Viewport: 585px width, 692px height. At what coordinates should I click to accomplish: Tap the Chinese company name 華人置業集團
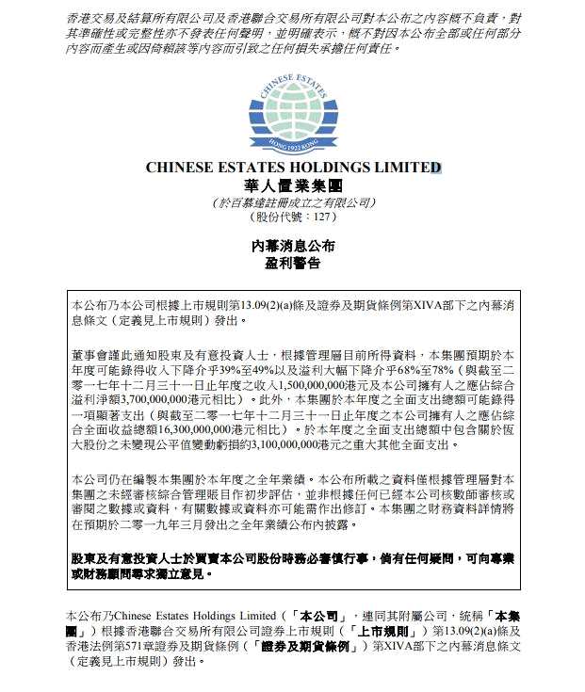click(292, 185)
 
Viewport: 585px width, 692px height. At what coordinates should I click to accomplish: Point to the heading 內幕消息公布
click(292, 246)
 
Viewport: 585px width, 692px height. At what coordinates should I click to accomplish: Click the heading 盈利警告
click(292, 264)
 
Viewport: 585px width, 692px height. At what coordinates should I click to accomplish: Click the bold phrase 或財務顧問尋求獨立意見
click(141, 571)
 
